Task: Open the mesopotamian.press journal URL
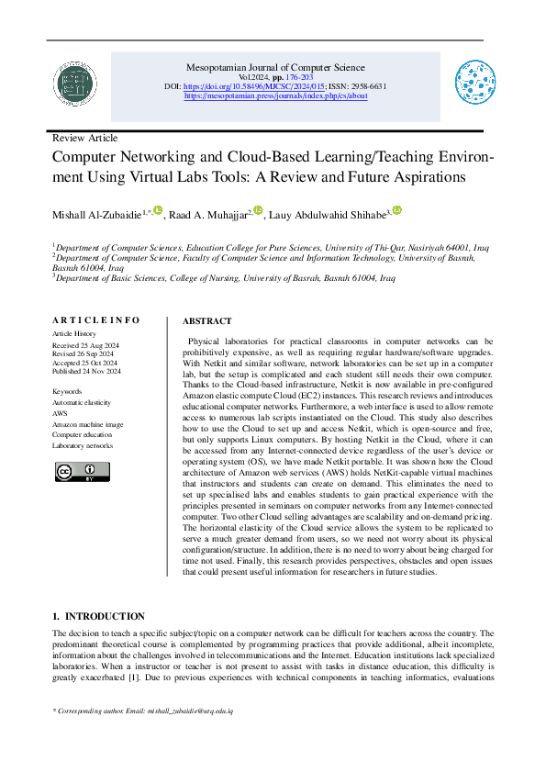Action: pos(275,95)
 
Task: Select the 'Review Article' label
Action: pos(84,138)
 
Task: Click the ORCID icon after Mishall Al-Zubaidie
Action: pos(158,211)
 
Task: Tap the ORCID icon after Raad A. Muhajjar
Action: pos(259,211)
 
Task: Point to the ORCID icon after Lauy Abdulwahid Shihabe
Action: pos(397,211)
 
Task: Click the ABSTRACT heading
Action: pos(206,321)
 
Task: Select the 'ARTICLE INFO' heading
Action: pos(95,320)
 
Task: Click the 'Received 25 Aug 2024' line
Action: pos(92,344)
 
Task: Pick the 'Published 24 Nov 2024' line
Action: pos(94,372)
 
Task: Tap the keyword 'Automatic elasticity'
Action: pos(81,402)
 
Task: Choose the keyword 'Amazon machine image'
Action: pos(87,424)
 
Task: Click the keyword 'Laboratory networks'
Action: pos(83,445)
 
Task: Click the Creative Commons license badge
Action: pos(82,472)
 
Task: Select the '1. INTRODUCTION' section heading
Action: pos(98,616)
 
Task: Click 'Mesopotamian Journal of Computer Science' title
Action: pos(275,67)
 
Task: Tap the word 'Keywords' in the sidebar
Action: pos(67,391)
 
